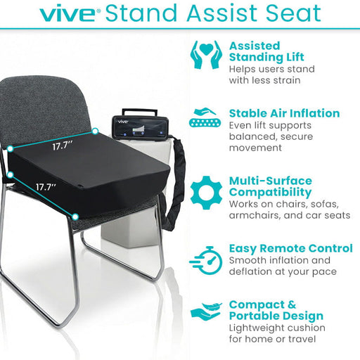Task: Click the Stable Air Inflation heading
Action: coord(284,113)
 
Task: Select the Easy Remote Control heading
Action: coord(290,248)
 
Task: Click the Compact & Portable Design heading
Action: coord(276,310)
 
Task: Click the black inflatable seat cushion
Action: coord(91,176)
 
